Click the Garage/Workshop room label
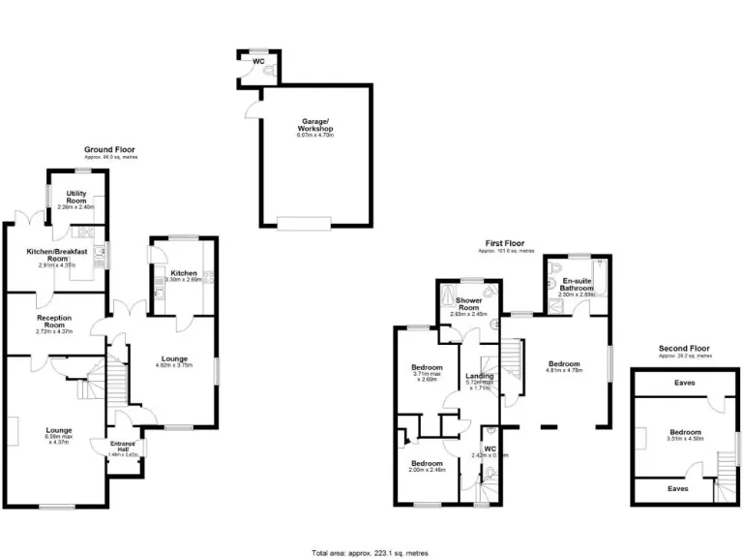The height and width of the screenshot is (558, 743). click(315, 125)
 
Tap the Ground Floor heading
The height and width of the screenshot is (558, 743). click(109, 150)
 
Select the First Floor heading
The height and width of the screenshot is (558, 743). click(506, 243)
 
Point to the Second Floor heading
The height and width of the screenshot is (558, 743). click(684, 348)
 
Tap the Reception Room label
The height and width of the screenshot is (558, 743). click(56, 321)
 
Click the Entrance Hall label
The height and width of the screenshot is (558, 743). click(123, 447)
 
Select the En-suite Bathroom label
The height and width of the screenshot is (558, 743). click(576, 285)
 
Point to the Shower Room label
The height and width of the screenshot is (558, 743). click(470, 303)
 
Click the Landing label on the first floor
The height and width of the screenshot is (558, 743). click(480, 376)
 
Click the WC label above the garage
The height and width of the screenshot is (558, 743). click(258, 61)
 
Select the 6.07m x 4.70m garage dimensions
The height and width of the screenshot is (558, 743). click(315, 136)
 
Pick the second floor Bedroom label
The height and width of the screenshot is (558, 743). click(684, 432)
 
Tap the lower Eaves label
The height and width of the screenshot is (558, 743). click(676, 489)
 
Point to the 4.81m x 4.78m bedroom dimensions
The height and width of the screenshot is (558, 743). click(567, 370)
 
